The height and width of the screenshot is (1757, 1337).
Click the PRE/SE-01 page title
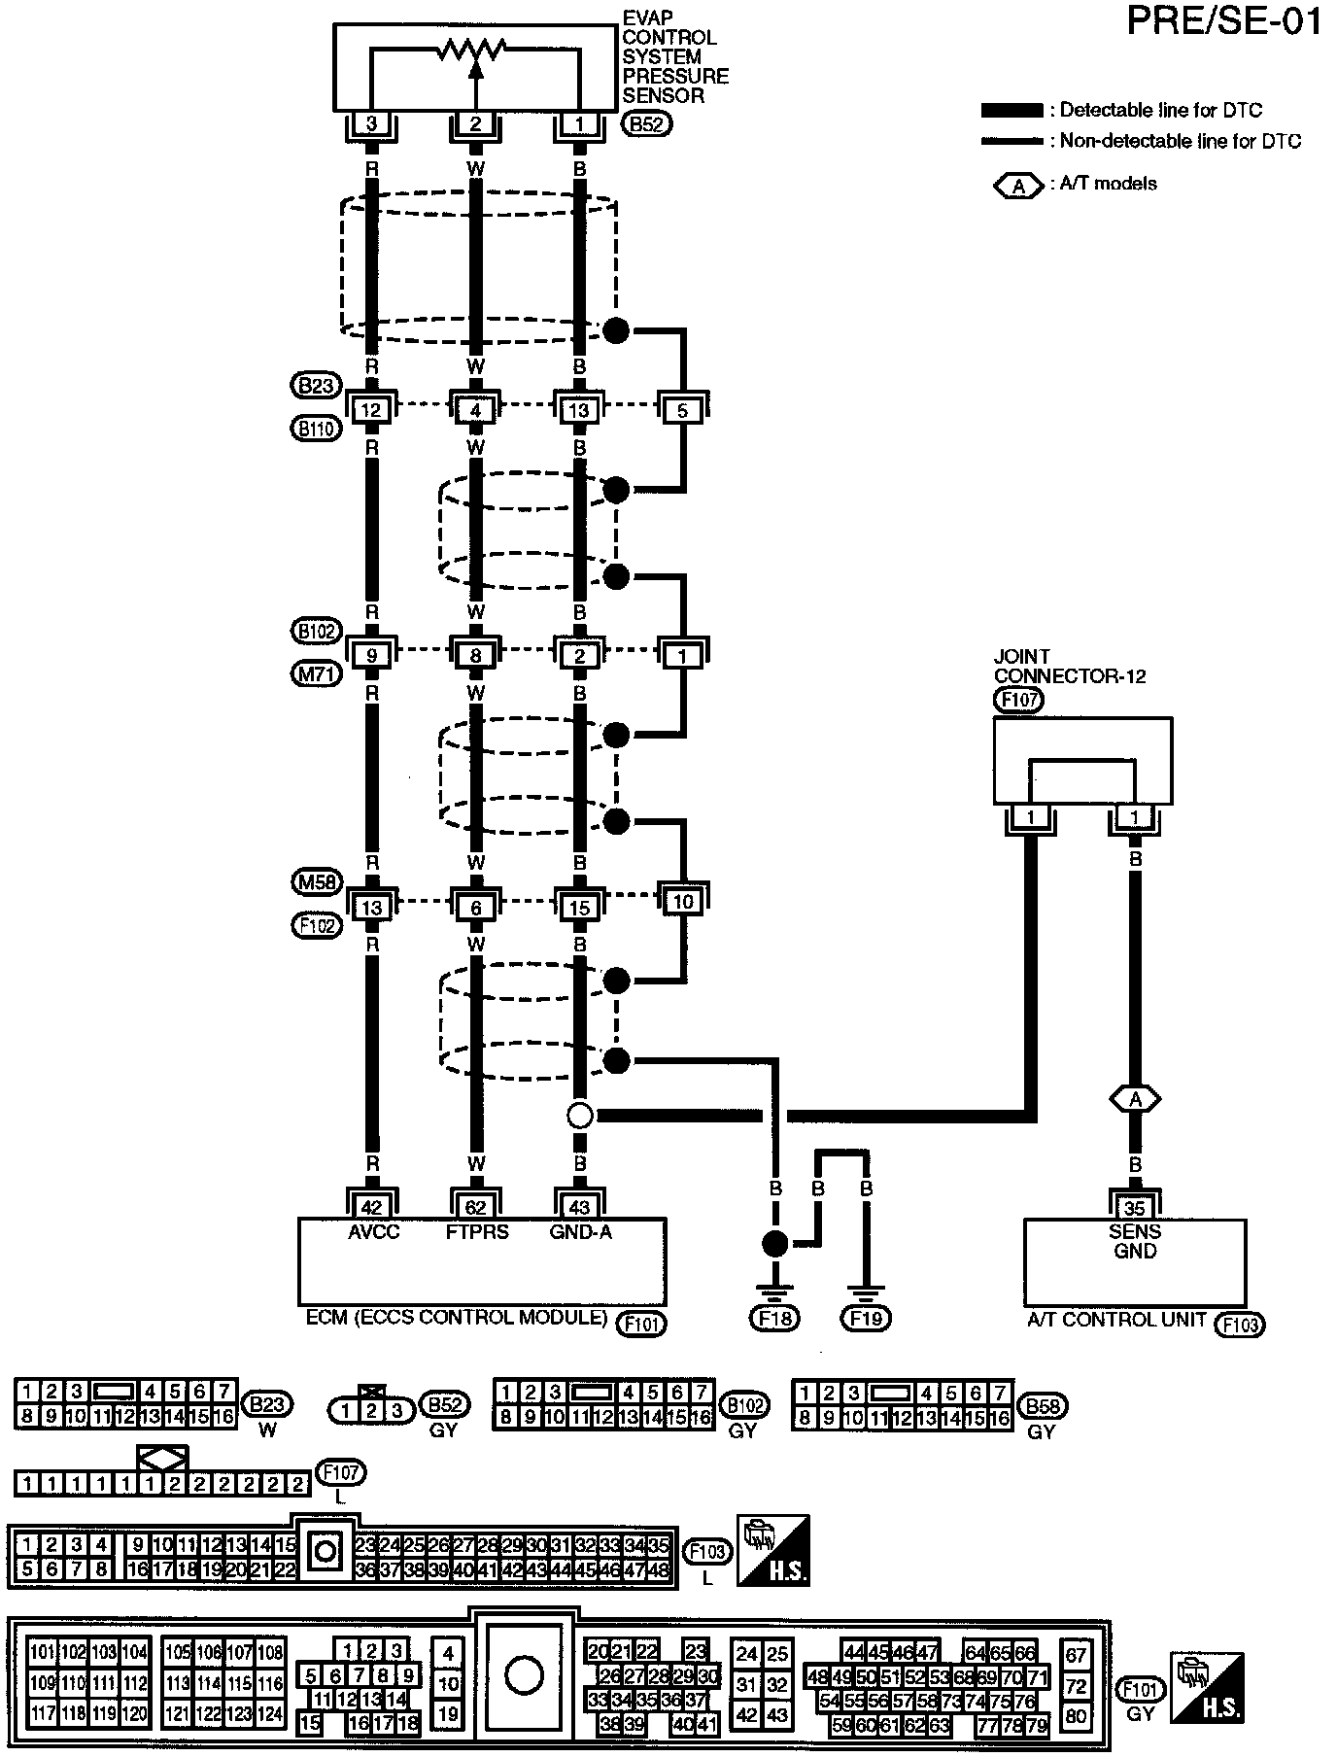(1224, 21)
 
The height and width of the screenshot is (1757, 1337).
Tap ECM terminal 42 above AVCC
(372, 1207)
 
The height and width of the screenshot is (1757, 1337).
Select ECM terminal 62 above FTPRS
(476, 1207)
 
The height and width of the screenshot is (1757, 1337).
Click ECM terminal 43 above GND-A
(580, 1207)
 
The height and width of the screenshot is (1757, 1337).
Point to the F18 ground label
(773, 1318)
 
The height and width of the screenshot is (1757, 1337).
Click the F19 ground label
(867, 1318)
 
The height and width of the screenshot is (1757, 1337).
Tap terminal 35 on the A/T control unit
(1135, 1207)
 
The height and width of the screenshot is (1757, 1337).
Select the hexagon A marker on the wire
(1135, 1099)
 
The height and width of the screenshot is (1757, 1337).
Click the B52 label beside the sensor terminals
(647, 124)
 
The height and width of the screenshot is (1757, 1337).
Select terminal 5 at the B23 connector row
(683, 410)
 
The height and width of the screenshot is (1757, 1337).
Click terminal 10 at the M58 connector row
(683, 902)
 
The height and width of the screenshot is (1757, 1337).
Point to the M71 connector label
(317, 672)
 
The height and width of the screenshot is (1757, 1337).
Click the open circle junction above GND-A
(580, 1116)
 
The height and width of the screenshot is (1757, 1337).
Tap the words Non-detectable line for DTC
(1180, 142)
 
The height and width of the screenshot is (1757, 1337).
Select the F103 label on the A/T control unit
(1240, 1324)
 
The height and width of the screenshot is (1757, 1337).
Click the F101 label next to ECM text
(641, 1322)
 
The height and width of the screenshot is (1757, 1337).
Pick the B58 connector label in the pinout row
(1043, 1406)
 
